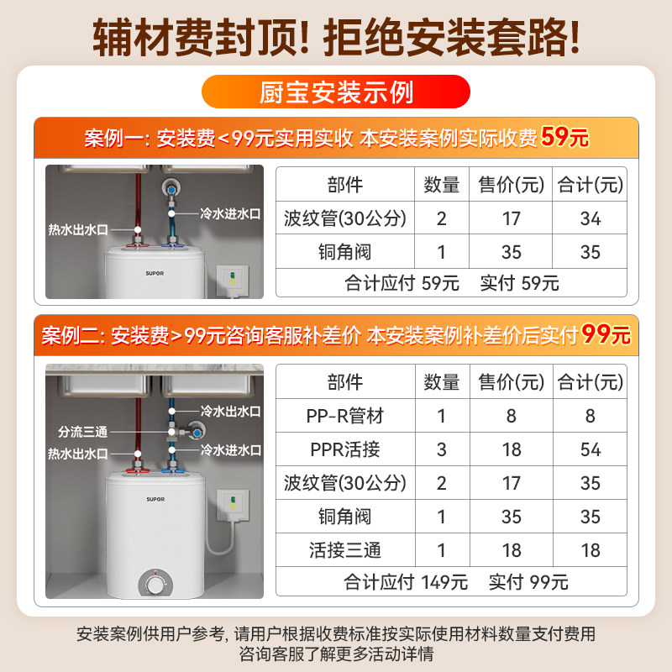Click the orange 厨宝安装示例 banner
(335, 92)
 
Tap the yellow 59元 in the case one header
(565, 137)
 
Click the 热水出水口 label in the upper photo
(78, 228)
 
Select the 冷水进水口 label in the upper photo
(230, 214)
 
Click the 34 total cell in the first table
(591, 218)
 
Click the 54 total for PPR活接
(591, 449)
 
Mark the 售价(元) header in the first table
(512, 184)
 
